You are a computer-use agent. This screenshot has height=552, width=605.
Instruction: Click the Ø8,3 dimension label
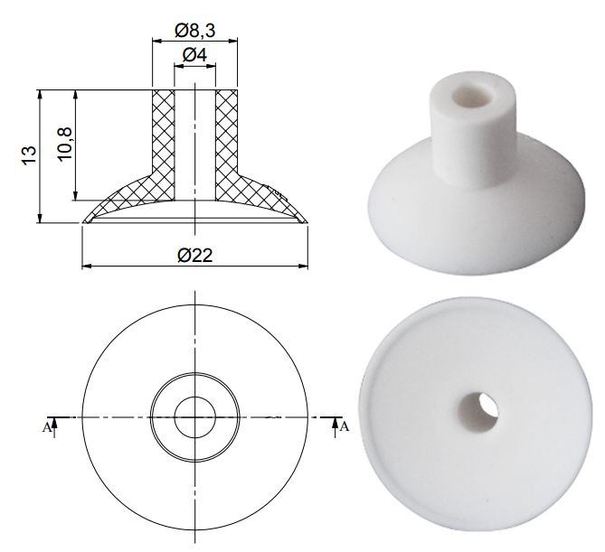(x=194, y=31)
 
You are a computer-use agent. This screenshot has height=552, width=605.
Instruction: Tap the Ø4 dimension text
(x=194, y=55)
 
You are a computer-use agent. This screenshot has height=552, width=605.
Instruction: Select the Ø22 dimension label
(x=195, y=255)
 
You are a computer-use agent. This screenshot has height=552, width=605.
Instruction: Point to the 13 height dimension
(x=29, y=155)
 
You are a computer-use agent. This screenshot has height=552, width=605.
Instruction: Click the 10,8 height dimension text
(x=64, y=144)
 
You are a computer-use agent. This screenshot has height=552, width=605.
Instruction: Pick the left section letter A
(x=47, y=427)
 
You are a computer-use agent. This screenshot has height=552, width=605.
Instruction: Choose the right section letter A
(x=345, y=426)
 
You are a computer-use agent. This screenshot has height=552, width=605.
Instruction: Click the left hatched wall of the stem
(x=164, y=145)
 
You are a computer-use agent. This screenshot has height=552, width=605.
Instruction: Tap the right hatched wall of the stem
(x=226, y=145)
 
